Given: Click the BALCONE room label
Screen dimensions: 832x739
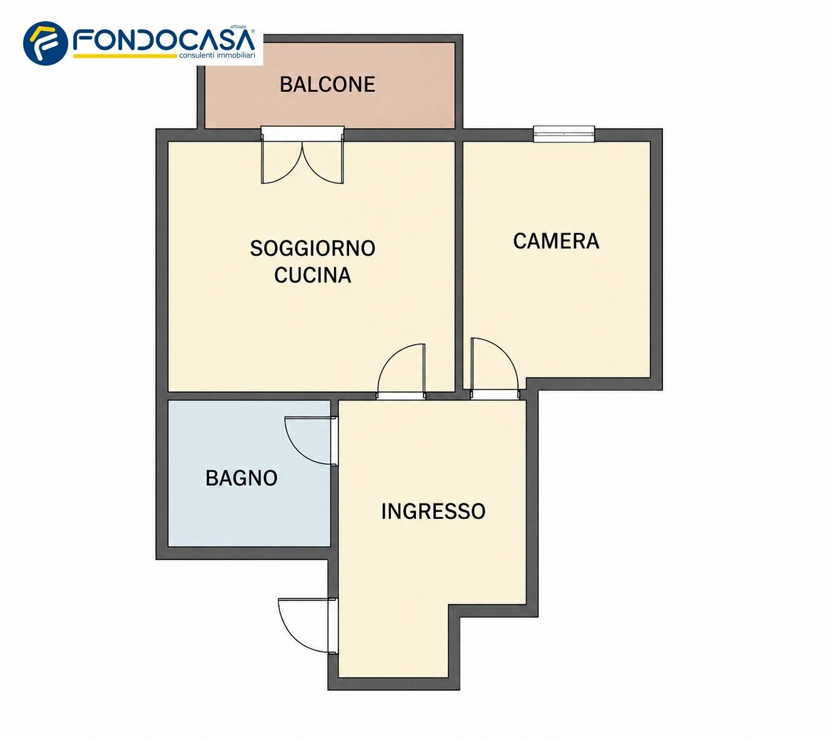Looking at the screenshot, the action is (327, 84).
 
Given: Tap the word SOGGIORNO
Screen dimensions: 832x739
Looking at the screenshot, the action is (313, 248).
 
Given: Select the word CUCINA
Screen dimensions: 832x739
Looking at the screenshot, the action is (313, 275).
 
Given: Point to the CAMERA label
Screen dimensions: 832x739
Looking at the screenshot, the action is (556, 241).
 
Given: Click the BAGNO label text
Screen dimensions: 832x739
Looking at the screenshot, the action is (241, 478).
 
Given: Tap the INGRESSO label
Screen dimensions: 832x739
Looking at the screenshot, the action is (434, 511).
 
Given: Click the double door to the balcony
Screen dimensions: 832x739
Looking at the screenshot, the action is (302, 155).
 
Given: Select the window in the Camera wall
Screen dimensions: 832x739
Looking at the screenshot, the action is (564, 134).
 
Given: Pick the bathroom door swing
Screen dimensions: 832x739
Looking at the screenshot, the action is (311, 441).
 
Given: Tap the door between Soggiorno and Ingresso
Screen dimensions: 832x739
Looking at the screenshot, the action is (401, 371).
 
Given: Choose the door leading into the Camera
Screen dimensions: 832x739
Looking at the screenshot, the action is (495, 368).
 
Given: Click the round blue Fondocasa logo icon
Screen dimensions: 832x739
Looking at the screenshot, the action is (46, 44).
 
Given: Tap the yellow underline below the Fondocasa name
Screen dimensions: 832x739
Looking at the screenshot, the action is (125, 56).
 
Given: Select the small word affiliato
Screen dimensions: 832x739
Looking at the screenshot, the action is (238, 27).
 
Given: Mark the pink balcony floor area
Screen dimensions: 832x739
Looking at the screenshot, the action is (330, 107).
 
